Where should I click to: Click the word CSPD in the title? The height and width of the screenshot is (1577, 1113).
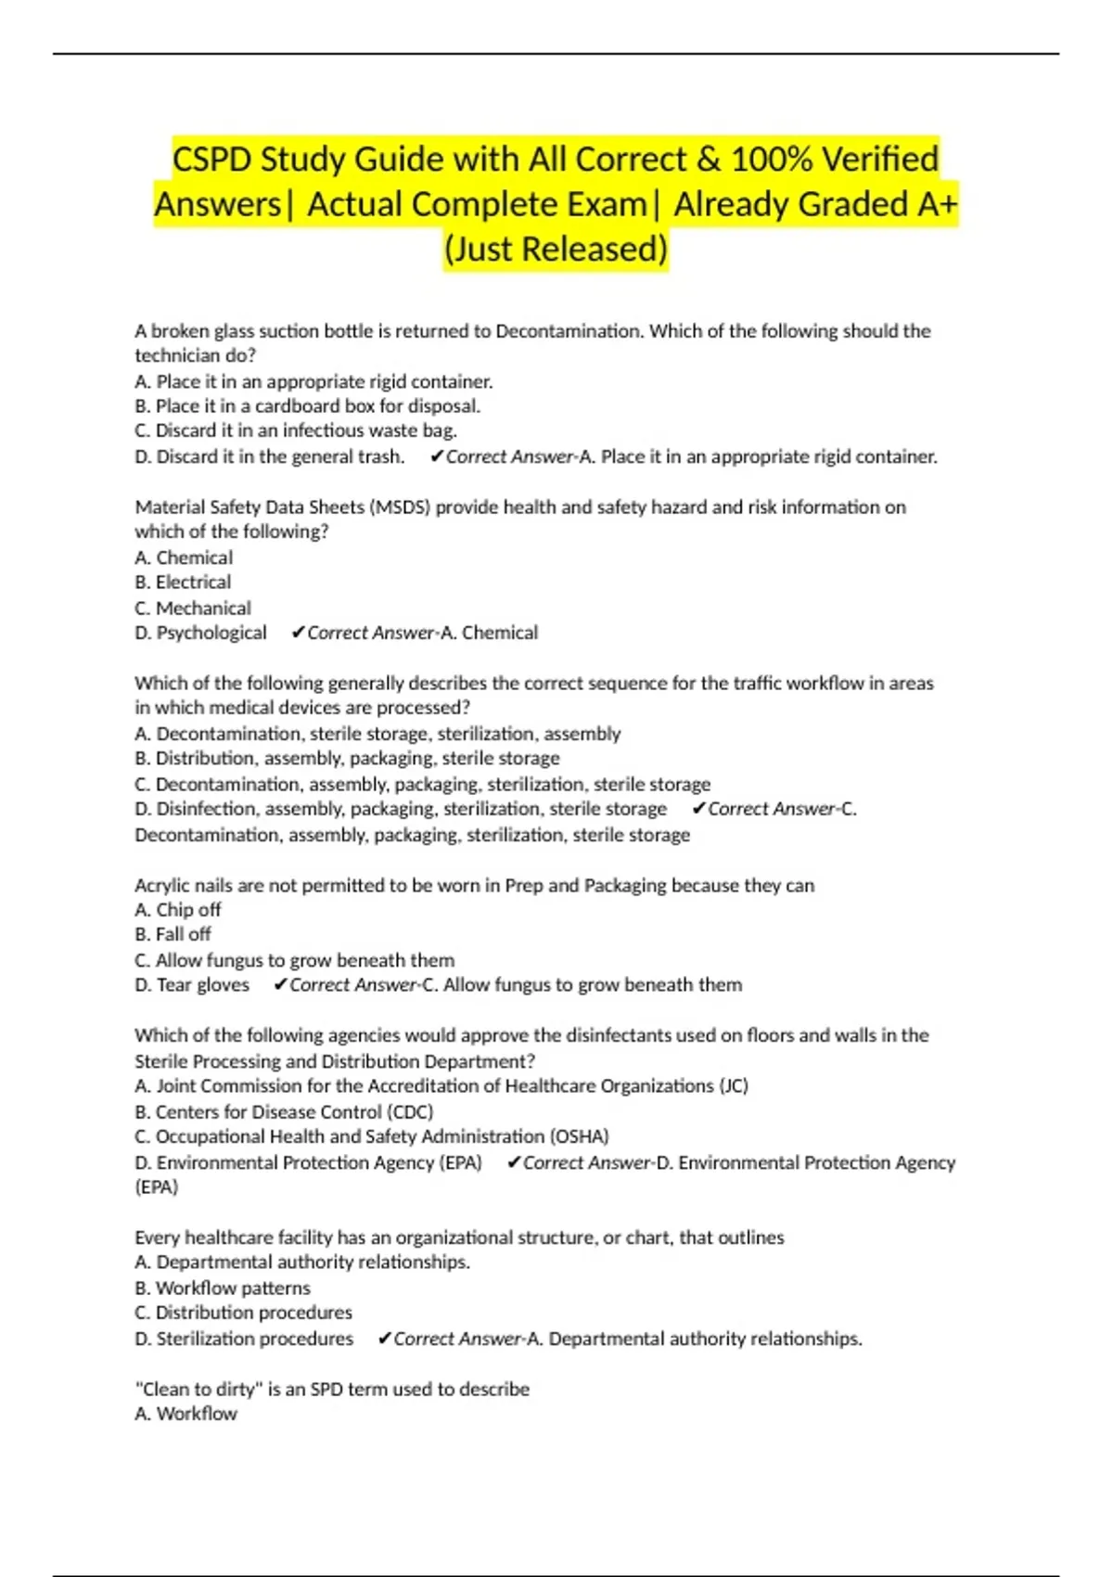coord(211,160)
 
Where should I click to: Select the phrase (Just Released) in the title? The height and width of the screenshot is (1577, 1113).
coord(556,249)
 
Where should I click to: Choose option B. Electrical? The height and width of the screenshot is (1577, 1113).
coord(183,583)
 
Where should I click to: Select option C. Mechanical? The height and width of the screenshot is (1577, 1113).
coord(193,609)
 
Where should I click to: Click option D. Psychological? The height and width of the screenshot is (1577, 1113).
coord(200,633)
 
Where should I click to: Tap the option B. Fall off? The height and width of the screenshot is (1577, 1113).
coord(173,934)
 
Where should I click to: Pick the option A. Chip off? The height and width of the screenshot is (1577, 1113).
coord(178,910)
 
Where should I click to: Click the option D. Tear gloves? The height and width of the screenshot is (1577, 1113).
coord(192,985)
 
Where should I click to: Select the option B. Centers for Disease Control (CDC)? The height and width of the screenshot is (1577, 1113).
coord(284,1111)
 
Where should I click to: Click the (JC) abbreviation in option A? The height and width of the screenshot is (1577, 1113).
coord(734,1085)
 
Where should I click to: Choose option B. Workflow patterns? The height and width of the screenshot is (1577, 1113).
coord(223,1288)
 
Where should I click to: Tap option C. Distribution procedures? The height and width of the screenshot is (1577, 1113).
coord(243,1313)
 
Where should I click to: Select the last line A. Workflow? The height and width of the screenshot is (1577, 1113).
coord(185,1414)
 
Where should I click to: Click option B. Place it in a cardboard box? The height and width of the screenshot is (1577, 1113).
coord(307,406)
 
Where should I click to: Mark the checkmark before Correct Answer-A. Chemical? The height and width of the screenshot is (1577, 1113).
coord(298,633)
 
